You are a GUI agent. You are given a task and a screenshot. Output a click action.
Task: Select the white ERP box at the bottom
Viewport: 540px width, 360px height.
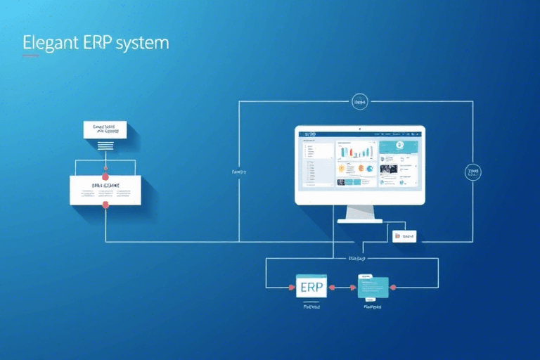311,287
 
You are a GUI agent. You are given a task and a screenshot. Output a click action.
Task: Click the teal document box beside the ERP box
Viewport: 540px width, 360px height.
373,287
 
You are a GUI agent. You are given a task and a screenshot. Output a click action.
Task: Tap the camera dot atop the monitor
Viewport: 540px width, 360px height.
360,129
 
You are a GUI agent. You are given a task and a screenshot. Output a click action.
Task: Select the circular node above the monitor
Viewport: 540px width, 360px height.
359,102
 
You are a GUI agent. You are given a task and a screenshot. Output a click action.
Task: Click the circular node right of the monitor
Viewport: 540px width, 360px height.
473,172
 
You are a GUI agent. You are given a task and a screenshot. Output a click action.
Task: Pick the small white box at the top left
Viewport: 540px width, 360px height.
105,129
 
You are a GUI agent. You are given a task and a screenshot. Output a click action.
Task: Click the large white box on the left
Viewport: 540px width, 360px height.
105,190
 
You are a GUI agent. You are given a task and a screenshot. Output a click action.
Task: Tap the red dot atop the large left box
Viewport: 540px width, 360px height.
105,169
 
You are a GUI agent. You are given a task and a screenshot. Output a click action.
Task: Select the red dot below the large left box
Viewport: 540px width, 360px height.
105,205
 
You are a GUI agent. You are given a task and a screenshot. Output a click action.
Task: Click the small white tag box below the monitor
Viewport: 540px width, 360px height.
404,236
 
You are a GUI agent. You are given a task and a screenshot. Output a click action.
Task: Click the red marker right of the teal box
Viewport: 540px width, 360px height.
393,287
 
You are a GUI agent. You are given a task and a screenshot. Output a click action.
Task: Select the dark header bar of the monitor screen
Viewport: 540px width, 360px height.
359,134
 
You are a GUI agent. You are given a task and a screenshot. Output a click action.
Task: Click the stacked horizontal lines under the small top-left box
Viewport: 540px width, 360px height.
105,145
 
